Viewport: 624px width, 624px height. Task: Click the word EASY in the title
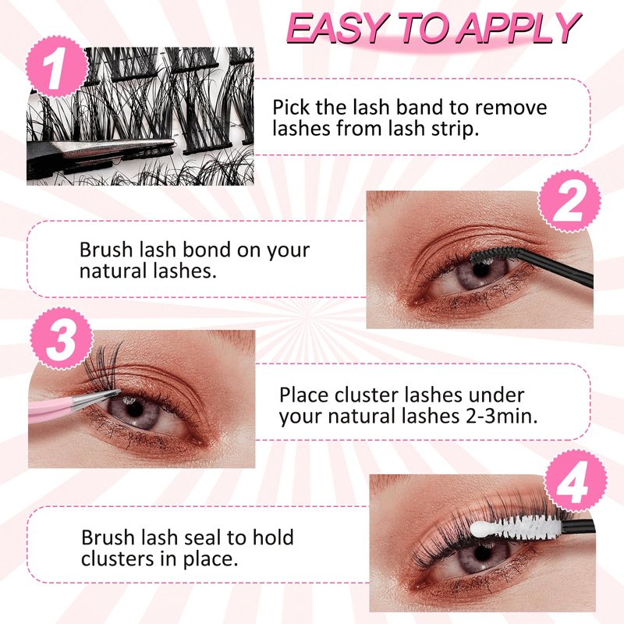point(339,28)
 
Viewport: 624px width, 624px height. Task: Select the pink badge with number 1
point(56,67)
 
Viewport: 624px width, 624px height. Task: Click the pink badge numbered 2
point(569,201)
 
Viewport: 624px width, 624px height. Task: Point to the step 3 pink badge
point(62,339)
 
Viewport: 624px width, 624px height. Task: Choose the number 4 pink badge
point(575,481)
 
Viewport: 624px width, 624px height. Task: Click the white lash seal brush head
point(516,528)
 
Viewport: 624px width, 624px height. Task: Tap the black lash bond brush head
point(491,254)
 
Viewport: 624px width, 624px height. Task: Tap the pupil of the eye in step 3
point(135,408)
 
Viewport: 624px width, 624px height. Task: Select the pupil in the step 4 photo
point(483,552)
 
